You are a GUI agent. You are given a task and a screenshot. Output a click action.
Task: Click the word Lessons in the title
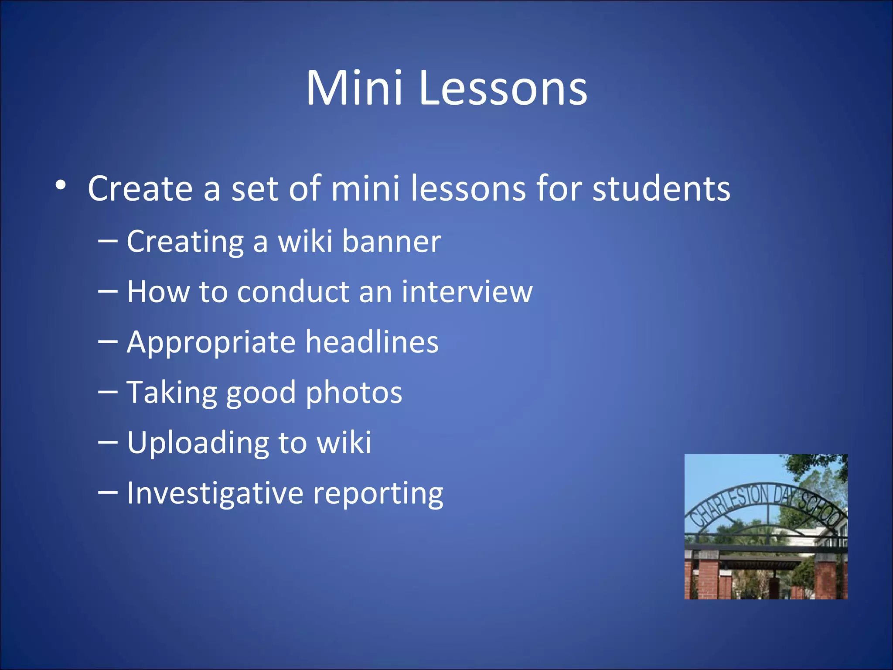(503, 89)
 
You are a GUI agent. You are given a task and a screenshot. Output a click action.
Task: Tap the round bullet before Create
(61, 186)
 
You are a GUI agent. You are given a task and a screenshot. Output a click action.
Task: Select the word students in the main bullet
(661, 188)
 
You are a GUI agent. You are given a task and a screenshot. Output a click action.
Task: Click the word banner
(391, 241)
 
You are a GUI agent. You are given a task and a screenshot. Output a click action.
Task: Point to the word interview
(467, 291)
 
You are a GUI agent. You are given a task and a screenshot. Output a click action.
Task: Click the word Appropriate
(211, 343)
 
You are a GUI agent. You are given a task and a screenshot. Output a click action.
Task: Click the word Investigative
(215, 493)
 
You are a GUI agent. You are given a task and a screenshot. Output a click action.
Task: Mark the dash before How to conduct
(108, 291)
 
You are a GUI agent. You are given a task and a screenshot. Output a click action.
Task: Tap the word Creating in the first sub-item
(185, 242)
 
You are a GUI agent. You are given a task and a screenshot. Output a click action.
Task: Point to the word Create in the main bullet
(140, 188)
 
